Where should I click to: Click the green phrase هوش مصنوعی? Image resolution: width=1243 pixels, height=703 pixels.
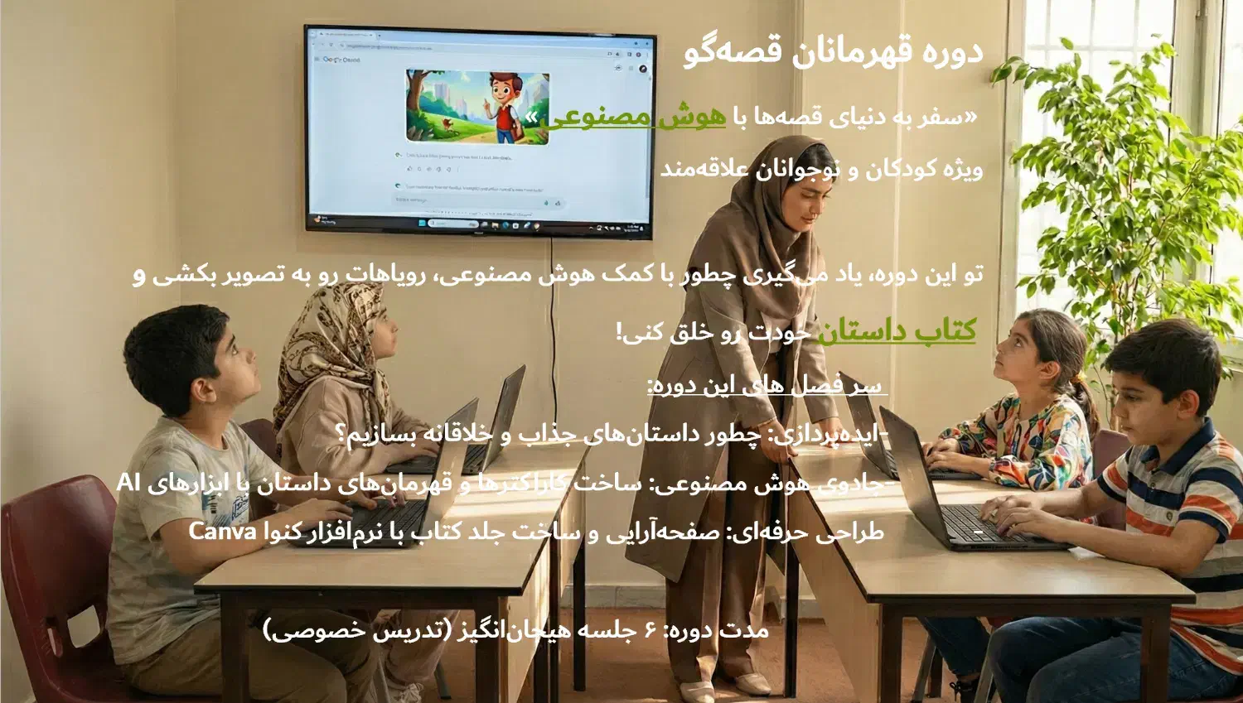pos(635,118)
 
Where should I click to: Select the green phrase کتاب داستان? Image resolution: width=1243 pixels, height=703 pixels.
pos(897,331)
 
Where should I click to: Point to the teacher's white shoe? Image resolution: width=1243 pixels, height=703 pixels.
pos(750,683)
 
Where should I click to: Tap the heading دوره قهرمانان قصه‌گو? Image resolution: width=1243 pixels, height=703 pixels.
pos(833,51)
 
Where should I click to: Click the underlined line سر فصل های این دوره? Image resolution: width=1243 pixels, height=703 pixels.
pos(767,386)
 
